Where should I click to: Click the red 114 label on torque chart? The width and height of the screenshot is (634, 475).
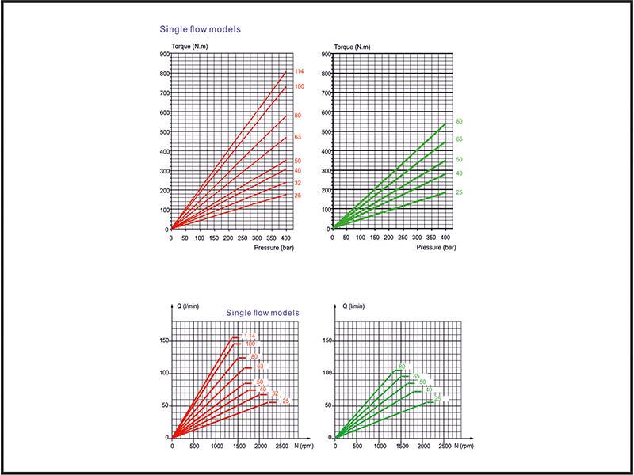[299, 73]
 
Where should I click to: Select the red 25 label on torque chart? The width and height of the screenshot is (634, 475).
[297, 195]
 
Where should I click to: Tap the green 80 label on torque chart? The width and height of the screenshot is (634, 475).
[459, 121]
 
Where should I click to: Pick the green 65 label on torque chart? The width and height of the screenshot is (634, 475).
[459, 139]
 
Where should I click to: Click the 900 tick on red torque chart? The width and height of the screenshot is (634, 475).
[164, 55]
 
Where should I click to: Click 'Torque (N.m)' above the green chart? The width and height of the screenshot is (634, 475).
[353, 47]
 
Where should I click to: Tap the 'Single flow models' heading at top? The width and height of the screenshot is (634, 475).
[201, 29]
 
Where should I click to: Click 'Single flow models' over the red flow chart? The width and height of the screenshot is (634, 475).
[263, 313]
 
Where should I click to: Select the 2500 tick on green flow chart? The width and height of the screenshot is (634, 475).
[444, 447]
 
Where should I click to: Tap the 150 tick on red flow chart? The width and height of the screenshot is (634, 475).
[162, 340]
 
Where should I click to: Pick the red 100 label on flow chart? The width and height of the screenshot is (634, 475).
[250, 344]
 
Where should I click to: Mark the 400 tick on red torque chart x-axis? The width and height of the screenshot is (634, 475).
[286, 237]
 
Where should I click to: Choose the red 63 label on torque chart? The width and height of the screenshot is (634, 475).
[297, 137]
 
